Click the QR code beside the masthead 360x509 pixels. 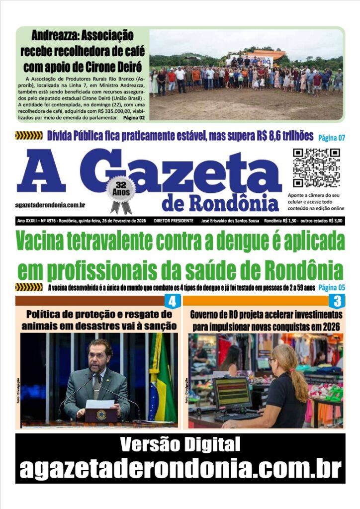316,168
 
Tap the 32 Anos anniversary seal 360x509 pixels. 120,189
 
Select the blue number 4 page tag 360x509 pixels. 172,301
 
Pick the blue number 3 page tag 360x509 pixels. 338,301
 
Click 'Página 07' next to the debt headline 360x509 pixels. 332,138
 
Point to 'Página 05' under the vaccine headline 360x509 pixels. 332,287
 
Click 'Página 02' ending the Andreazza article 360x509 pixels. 134,118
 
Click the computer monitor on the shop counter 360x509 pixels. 233,393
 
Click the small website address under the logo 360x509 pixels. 50,205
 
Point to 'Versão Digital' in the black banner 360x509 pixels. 180,444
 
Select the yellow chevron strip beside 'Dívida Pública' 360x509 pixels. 29,135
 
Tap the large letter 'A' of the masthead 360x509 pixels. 42,171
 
